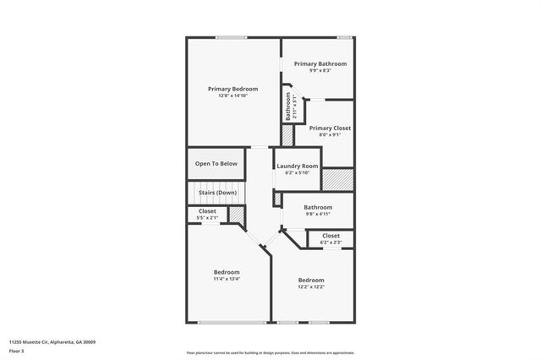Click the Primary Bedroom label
pyautogui.click(x=232, y=89)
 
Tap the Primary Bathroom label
pyautogui.click(x=320, y=63)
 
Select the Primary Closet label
pyautogui.click(x=330, y=128)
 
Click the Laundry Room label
pyautogui.click(x=298, y=166)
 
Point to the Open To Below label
pyautogui.click(x=216, y=163)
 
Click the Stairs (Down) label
pyautogui.click(x=217, y=193)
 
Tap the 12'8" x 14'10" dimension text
pyautogui.click(x=232, y=95)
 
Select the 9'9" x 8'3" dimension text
pyautogui.click(x=320, y=70)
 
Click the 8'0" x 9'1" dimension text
pyautogui.click(x=330, y=135)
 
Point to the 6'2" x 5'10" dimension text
pyautogui.click(x=298, y=172)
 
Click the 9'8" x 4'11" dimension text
pyautogui.click(x=318, y=214)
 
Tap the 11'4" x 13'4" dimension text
pyautogui.click(x=227, y=279)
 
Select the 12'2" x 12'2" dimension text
pyautogui.click(x=311, y=286)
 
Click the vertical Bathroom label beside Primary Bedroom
pyautogui.click(x=287, y=109)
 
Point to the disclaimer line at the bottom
pyautogui.click(x=270, y=353)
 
